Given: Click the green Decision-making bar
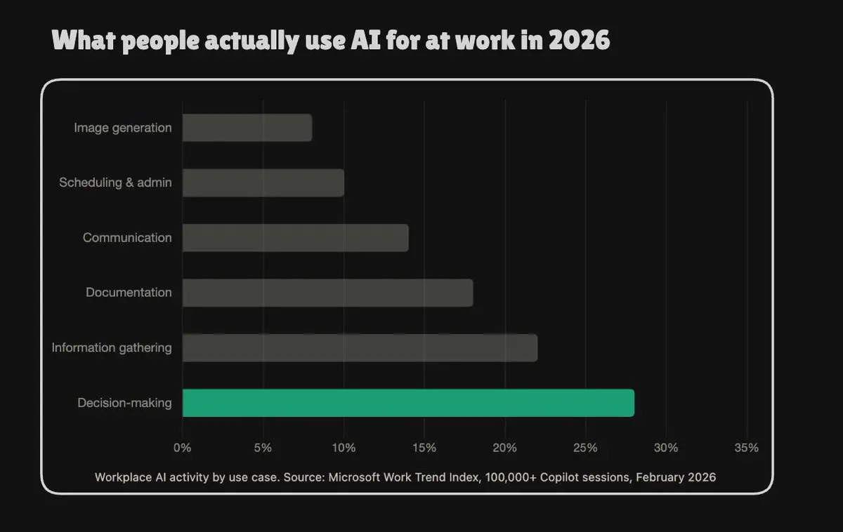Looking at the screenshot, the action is pos(408,403).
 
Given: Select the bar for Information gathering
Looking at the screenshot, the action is pos(360,348).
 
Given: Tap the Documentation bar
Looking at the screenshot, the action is pos(328,293).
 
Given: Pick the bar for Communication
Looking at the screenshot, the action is pos(296,238).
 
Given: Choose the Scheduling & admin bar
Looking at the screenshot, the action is pos(263,182).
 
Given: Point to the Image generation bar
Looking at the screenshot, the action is pos(247,128).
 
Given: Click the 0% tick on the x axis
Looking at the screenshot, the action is pos(182,447).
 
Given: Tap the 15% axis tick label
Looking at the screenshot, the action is pos(424,447).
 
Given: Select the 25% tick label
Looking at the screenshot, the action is pos(585,447).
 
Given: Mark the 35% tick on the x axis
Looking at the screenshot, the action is pos(747,447).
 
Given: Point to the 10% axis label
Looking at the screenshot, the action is pos(344,447).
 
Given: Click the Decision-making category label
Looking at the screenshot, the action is pos(124,403).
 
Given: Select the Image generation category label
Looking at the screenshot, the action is pos(123,128).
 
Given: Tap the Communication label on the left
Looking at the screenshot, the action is pos(127,238).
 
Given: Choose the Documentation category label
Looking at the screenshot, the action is pos(129,293).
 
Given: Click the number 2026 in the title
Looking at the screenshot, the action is pos(579,40).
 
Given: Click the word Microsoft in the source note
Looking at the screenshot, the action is pos(355,477).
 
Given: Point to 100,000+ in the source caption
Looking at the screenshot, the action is pos(511,477).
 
